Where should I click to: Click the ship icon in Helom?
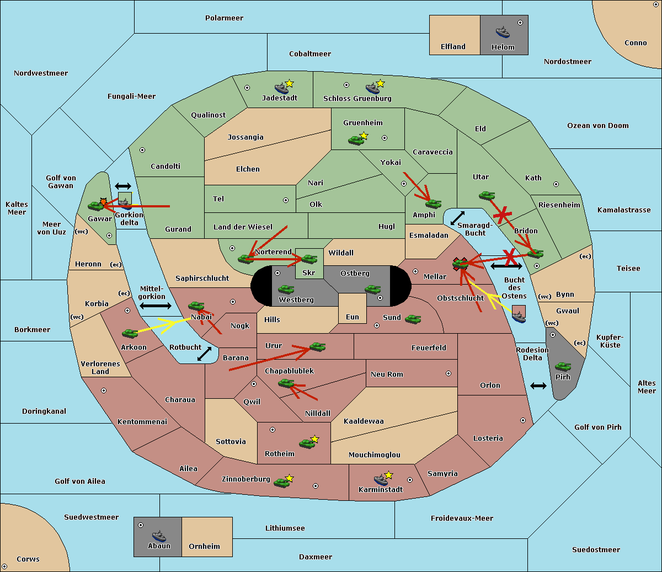pos(503,32)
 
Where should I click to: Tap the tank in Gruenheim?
pos(356,140)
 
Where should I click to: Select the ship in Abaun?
pos(159,536)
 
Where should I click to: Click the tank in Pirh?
pos(563,366)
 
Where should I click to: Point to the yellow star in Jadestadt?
pos(289,84)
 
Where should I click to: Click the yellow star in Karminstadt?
pos(388,475)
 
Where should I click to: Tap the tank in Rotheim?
pos(307,443)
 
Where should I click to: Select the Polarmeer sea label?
pos(224,18)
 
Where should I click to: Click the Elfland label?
pos(453,47)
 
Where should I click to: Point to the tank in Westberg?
pos(286,290)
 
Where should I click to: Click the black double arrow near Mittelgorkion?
pos(156,306)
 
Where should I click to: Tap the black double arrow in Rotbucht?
pos(204,354)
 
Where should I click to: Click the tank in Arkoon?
pos(130,333)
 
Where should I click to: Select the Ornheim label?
pos(204,547)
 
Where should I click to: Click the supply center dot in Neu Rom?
pos(449,373)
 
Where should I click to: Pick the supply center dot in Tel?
pos(286,200)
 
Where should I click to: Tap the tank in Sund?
pos(413,319)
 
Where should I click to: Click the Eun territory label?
pos(353,317)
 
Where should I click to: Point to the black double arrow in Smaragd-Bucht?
pos(457,218)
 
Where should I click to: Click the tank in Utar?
pos(487,195)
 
